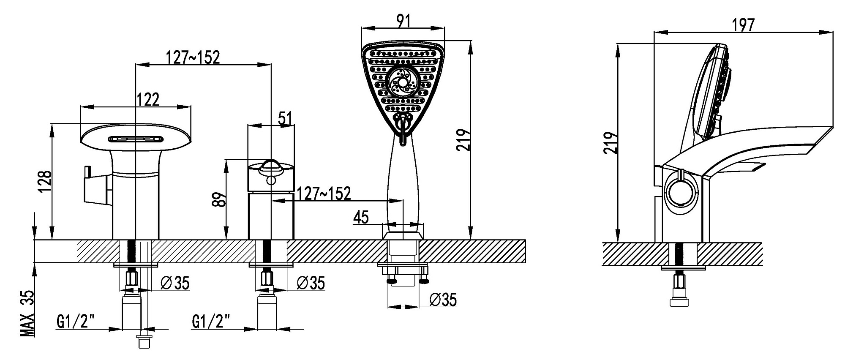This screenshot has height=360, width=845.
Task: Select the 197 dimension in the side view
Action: pos(743,25)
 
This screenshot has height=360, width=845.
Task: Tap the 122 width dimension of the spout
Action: pos(148,100)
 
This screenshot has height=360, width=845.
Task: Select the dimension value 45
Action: pos(360,218)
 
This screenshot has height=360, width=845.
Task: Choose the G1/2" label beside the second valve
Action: pos(211,322)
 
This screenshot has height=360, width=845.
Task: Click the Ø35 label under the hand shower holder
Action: pos(443,300)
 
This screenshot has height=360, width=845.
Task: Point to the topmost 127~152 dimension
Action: pos(193,57)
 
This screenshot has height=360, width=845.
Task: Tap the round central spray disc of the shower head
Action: pos(402,81)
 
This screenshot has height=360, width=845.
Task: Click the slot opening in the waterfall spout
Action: pos(136,139)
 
